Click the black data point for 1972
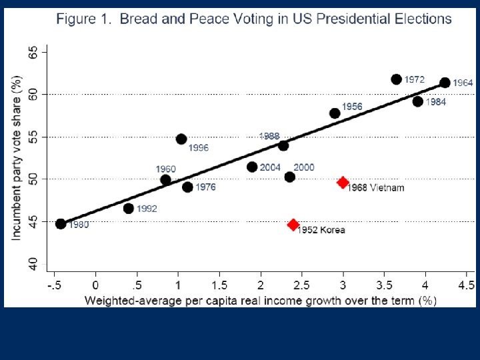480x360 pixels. pos(397,79)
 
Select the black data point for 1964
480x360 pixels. pos(445,83)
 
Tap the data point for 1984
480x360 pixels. pos(418,101)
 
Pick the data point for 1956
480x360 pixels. pos(335,113)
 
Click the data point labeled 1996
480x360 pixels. pos(181,139)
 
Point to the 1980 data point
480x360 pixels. pos(61,224)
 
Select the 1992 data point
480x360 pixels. pos(129,209)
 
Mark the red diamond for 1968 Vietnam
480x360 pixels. pos(343,182)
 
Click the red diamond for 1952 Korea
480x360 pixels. pos(293,225)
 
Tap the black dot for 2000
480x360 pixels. pos(289,177)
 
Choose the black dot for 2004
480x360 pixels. pos(252,167)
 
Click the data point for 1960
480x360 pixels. pos(166,179)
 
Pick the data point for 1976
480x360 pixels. pos(187,187)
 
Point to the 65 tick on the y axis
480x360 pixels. pos(33,51)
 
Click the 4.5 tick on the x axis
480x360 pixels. pos(465,285)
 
